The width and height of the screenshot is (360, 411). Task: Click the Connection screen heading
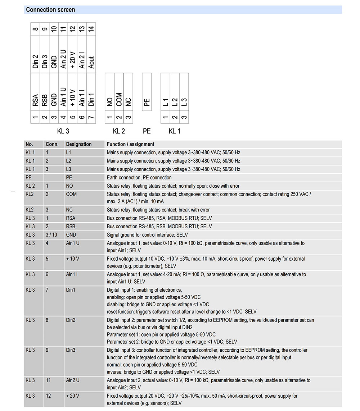coord(51,10)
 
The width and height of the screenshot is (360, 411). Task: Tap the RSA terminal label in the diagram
coord(35,100)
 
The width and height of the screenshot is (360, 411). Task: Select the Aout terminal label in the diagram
coord(91,62)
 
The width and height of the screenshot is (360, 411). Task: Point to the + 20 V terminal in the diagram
coord(73,60)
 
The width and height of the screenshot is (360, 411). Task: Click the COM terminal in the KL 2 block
coord(119,100)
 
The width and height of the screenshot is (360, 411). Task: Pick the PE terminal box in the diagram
coord(147,102)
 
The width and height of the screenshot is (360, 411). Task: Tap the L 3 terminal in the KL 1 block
coord(184,102)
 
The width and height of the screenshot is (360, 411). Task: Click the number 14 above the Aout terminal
coord(91,29)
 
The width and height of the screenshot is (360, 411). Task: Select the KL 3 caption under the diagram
coord(63,131)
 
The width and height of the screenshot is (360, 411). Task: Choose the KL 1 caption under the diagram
coord(175,131)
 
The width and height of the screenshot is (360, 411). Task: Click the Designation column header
coord(79,144)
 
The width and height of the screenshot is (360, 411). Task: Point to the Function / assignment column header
coord(130,144)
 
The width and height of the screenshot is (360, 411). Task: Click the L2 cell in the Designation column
coord(69,161)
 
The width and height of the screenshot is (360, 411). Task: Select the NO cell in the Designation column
coord(69,186)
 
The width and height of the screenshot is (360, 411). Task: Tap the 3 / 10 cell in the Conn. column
coord(51,235)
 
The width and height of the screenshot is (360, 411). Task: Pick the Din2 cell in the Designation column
coord(71,320)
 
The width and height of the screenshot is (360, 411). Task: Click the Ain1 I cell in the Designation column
coord(72,274)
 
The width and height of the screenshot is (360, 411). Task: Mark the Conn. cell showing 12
coord(48,396)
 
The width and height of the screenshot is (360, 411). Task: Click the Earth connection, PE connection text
coord(139,178)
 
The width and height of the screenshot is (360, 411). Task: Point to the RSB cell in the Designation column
coord(71,227)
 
